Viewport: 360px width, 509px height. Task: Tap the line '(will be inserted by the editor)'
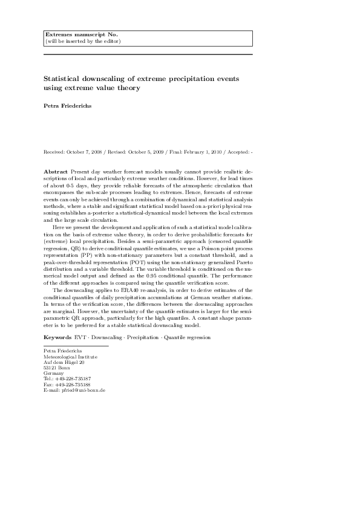pyautogui.click(x=83, y=41)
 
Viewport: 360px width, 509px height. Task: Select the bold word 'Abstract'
pyautogui.click(x=56, y=172)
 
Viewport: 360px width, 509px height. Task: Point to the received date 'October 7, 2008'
pyautogui.click(x=85, y=151)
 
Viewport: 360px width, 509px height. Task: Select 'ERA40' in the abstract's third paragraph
pyautogui.click(x=126, y=291)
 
